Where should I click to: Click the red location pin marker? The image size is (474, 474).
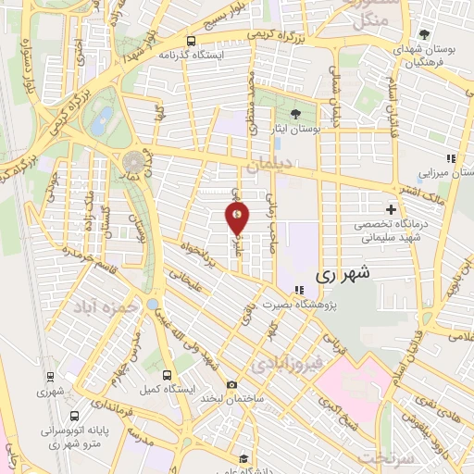coord(238,218)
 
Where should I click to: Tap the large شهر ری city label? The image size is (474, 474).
coord(343,274)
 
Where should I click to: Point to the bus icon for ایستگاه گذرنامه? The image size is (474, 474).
coord(191,41)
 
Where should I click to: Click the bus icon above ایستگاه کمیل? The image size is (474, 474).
coord(167,376)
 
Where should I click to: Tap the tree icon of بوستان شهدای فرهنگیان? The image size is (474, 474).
coord(424,34)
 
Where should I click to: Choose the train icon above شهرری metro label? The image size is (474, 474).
coord(48,377)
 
